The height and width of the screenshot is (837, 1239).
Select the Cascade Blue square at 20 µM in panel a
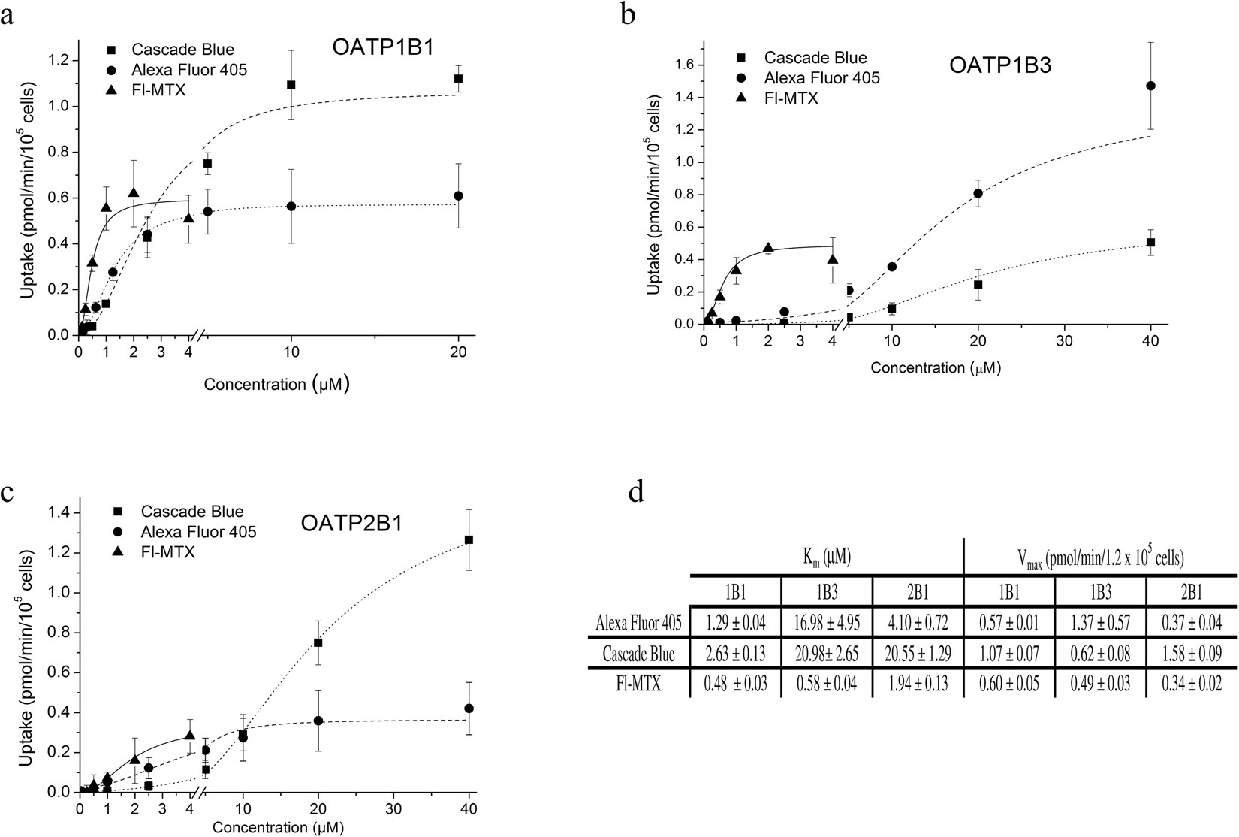click(x=458, y=78)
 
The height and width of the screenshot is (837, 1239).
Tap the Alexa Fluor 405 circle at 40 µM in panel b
click(x=1150, y=86)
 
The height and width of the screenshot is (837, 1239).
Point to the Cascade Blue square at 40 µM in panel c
click(x=469, y=539)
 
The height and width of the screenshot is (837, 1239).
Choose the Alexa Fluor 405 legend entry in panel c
click(x=199, y=532)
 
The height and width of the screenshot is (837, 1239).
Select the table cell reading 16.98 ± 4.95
click(x=827, y=623)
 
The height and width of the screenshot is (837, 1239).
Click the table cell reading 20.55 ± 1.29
click(x=918, y=654)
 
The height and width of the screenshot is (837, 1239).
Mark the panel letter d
click(x=636, y=494)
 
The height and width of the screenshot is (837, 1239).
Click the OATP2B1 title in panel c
click(x=351, y=523)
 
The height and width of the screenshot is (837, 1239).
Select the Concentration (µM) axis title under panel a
click(x=276, y=385)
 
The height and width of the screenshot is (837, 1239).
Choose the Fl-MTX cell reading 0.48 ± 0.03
click(x=735, y=684)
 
